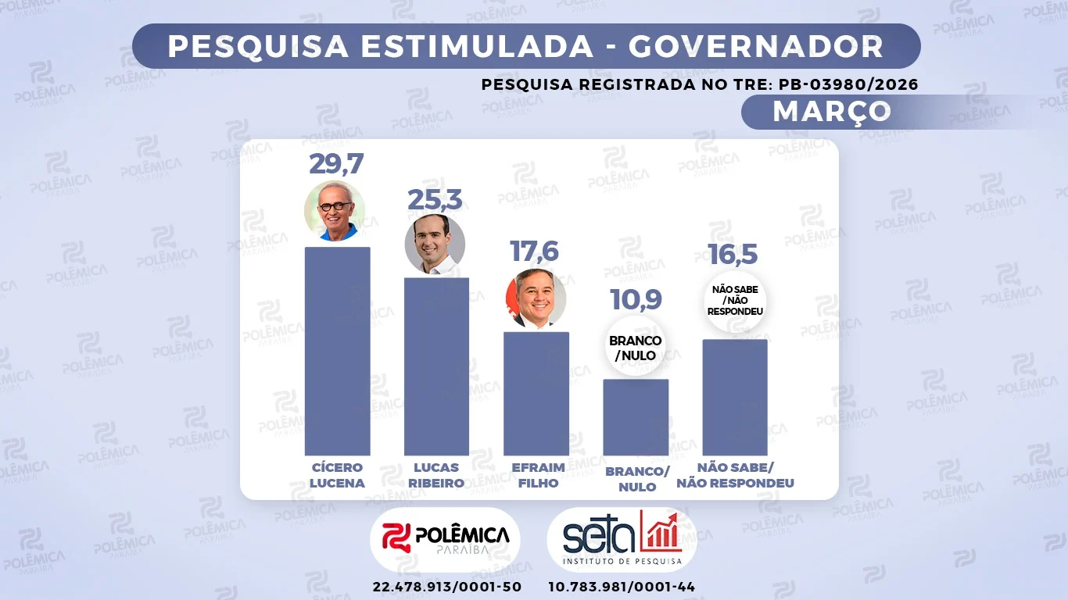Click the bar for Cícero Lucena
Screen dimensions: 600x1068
(x=337, y=351)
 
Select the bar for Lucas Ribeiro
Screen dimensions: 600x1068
(x=436, y=366)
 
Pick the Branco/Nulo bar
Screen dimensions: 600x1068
(x=636, y=417)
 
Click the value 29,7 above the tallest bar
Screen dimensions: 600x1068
(x=336, y=164)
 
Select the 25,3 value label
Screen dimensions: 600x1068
(x=435, y=200)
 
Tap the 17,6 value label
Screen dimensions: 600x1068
(x=536, y=252)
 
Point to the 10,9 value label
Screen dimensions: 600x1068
(x=636, y=299)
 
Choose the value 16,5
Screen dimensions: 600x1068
(x=734, y=255)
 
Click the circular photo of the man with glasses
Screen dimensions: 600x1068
(x=335, y=211)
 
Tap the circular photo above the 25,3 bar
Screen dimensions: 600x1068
(x=435, y=244)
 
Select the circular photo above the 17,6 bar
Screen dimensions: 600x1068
(x=536, y=298)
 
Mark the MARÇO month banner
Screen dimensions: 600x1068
(x=831, y=111)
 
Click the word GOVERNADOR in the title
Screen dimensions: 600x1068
(x=756, y=47)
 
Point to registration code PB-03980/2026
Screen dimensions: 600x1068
(x=848, y=84)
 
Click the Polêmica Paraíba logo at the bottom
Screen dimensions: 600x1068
(x=445, y=539)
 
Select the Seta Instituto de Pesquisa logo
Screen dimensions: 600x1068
(x=622, y=539)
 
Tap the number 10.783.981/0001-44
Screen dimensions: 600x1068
(x=622, y=586)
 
